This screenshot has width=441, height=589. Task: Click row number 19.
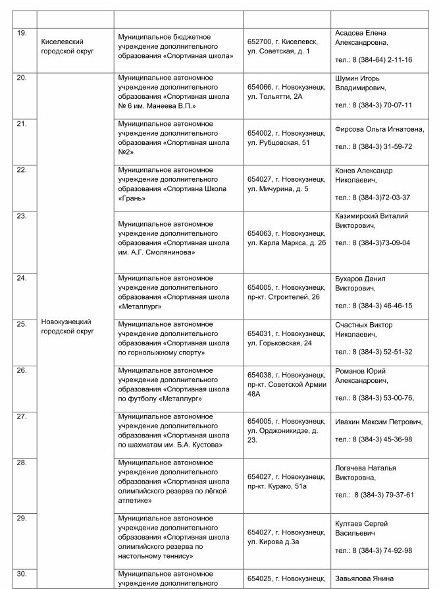[21, 32]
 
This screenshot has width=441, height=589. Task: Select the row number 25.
[21, 323]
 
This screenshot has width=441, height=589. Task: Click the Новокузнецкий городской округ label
[66, 326]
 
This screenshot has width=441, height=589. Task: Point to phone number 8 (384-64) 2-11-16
[373, 60]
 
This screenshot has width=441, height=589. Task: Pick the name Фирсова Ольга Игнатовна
[380, 130]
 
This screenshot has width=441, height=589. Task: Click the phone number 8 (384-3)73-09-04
[373, 242]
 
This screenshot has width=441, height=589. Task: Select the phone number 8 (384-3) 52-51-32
[373, 352]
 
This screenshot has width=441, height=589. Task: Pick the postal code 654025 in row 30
[259, 578]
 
